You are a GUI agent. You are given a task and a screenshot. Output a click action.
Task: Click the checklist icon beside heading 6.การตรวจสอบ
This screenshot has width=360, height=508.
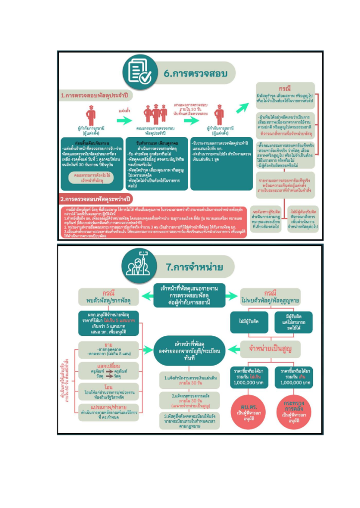tap(138, 70)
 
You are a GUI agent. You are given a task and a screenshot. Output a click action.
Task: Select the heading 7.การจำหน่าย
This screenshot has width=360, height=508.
tap(194, 267)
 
